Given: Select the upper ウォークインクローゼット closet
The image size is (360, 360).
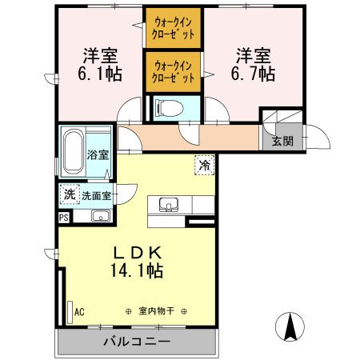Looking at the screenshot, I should click(174, 29).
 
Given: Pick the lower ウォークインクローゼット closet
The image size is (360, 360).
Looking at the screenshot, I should click(174, 71).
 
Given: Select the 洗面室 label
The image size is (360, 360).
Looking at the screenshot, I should click(95, 195).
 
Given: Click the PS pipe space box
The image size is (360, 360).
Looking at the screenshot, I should click(63, 216).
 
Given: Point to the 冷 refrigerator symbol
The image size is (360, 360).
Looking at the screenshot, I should click(204, 166).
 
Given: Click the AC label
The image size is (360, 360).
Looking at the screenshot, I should click(78, 311).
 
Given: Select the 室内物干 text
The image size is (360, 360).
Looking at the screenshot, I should click(155, 311).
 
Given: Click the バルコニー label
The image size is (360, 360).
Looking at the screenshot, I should click(136, 342).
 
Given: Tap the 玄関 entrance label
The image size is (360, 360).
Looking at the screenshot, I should click(282, 141).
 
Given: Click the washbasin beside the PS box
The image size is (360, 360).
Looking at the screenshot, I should click(100, 216).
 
